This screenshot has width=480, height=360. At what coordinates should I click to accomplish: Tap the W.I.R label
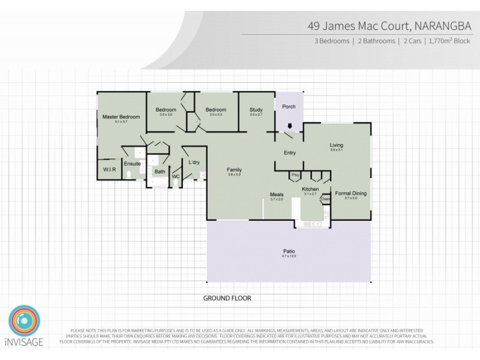[109, 170]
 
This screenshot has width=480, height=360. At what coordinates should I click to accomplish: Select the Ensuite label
[132, 163]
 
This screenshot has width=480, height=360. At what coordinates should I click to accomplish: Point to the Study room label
[256, 110]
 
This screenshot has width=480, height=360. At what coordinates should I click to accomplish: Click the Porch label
[289, 107]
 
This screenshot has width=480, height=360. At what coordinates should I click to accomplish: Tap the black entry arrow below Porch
[290, 126]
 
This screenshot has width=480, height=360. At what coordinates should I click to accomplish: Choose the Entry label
[290, 152]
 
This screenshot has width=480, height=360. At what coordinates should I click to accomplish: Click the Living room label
[336, 145]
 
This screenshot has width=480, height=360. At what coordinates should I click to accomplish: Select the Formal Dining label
[350, 193]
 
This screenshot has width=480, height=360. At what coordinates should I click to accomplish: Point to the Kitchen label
[310, 190]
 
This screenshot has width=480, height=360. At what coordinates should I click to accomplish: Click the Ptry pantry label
[295, 175]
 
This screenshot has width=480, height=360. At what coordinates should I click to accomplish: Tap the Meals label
[277, 194]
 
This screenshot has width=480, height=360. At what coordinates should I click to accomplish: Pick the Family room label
[234, 170]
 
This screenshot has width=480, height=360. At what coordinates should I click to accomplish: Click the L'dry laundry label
[194, 163]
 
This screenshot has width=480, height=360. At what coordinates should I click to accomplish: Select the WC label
[176, 177]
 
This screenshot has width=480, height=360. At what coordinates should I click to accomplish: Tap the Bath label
[160, 172]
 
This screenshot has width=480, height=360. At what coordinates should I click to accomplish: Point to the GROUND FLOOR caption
[227, 298]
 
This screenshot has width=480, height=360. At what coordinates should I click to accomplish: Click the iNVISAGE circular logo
[25, 322]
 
